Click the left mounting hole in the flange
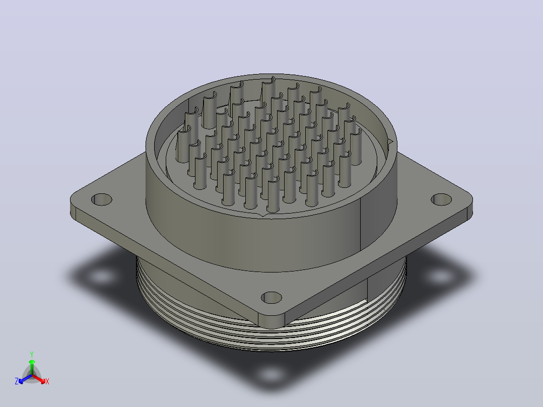(101, 199)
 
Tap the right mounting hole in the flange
(441, 199)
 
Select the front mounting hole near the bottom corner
(271, 298)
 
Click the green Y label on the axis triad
(32, 355)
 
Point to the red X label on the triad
(47, 381)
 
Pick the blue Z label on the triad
(17, 381)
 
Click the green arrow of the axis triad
(32, 367)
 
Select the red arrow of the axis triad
(39, 379)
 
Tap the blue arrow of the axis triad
(25, 379)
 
